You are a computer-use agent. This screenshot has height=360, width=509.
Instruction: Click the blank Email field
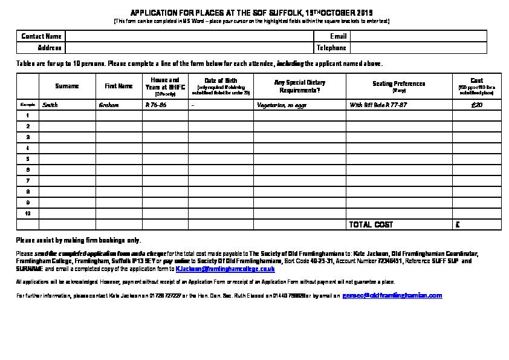point(418,36)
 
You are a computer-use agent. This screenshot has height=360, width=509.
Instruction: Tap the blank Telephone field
point(418,48)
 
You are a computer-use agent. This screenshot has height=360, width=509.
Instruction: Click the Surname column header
point(66,86)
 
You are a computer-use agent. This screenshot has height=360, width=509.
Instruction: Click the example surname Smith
point(50,105)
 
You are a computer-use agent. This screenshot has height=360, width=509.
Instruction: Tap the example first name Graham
point(109,105)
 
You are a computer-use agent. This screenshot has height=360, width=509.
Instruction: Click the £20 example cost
point(476,105)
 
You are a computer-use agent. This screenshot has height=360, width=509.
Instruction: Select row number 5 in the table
point(28,159)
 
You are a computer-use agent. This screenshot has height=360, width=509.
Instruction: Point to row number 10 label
point(28,214)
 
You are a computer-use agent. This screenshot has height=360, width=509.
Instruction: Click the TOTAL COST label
point(371,224)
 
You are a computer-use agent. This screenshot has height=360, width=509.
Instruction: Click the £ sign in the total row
point(458,224)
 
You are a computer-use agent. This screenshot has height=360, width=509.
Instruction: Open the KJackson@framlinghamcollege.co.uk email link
point(225,268)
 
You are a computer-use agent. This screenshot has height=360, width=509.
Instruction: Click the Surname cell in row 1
point(66,115)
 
